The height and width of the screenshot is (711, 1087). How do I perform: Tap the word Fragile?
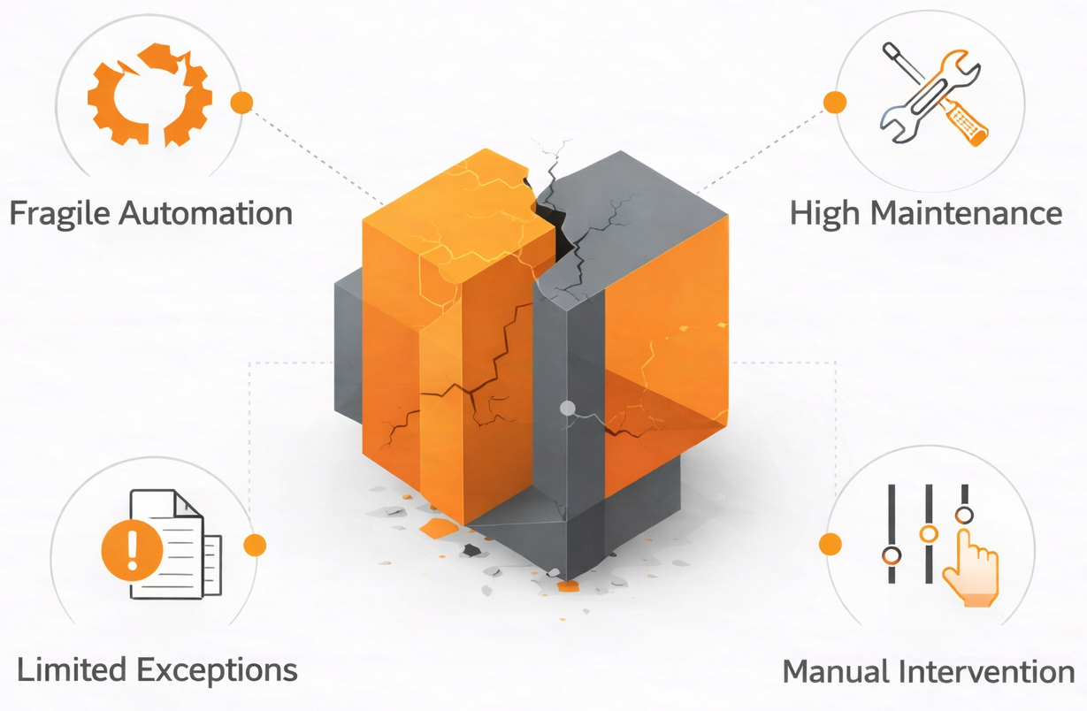pos(58,213)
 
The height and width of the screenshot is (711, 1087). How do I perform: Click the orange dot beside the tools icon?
pos(834,102)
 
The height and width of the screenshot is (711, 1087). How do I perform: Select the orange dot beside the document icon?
pos(255,545)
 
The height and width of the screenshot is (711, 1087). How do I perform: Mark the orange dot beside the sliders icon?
pos(830,544)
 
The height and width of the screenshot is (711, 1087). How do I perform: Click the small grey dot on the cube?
pos(568,408)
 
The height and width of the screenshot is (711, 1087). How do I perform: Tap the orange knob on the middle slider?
pos(928,533)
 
